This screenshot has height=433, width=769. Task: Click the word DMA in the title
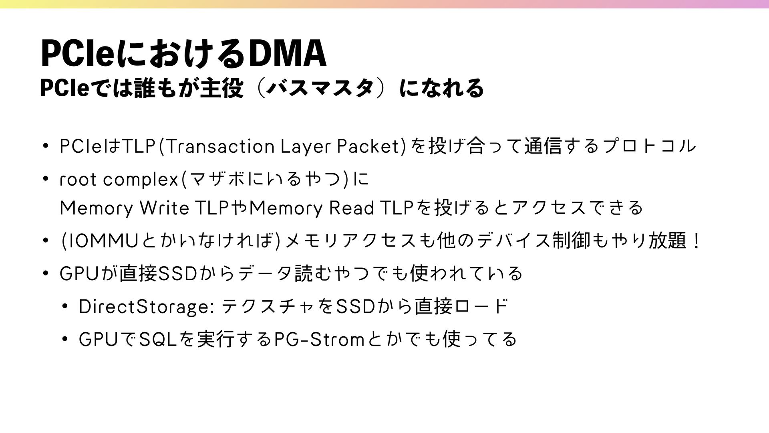coord(287,54)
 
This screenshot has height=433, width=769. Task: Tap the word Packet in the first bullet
coord(368,146)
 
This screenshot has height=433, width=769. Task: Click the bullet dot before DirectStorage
coord(66,307)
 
